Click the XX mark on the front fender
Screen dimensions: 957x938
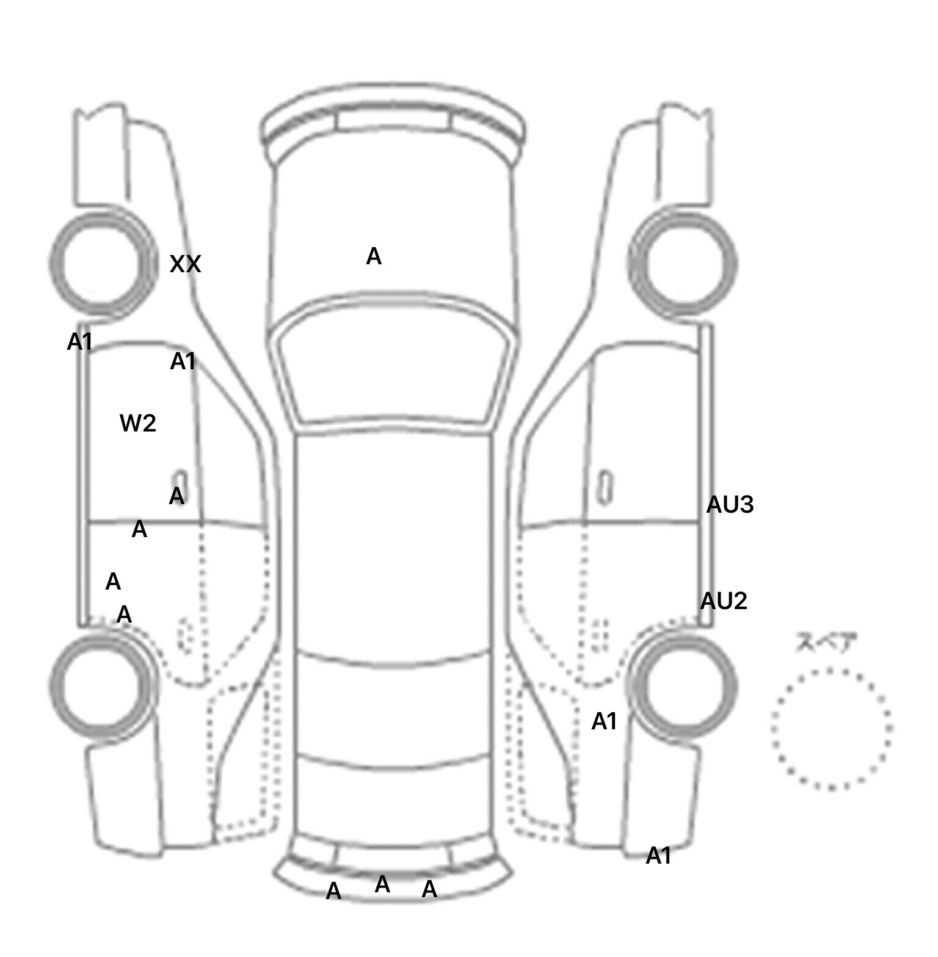(x=185, y=264)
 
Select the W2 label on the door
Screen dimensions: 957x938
(x=138, y=423)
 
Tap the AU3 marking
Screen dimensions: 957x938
(x=730, y=505)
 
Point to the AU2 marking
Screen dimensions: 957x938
(x=724, y=601)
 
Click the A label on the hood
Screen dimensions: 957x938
(x=374, y=256)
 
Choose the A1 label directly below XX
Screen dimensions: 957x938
(x=183, y=362)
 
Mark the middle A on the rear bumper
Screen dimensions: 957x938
(x=382, y=884)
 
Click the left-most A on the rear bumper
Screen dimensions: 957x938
(x=333, y=892)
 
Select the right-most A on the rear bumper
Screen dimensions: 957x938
(x=429, y=889)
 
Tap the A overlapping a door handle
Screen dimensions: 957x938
(x=176, y=495)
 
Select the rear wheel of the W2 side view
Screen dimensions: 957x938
(x=101, y=684)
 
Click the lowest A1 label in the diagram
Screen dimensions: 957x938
(x=658, y=856)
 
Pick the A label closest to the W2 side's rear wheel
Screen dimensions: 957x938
(x=124, y=614)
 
